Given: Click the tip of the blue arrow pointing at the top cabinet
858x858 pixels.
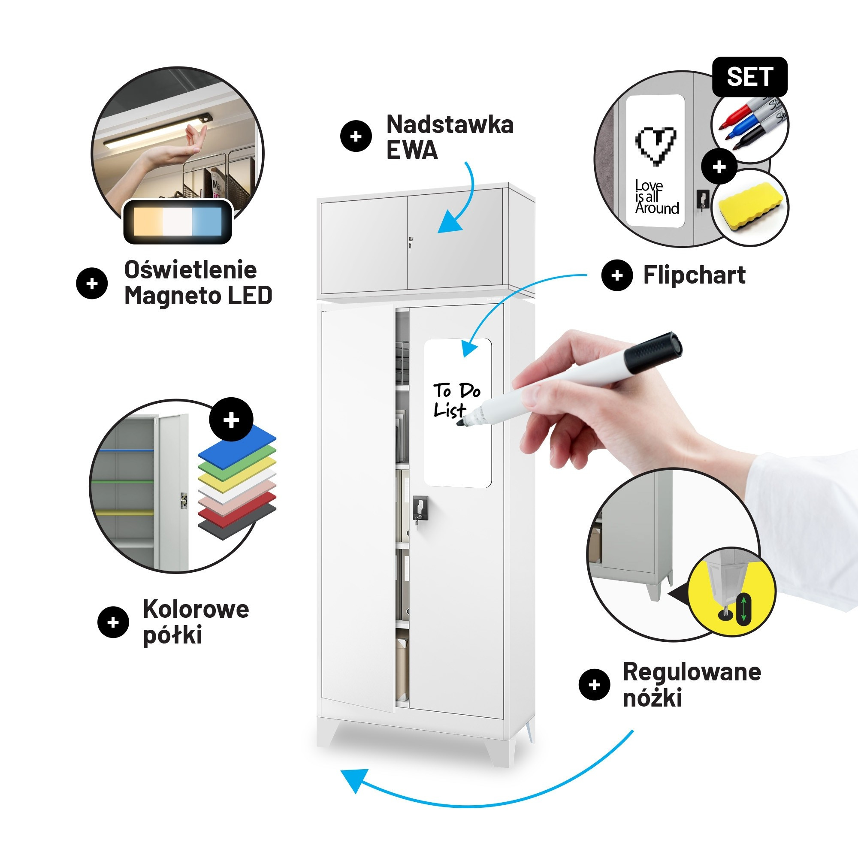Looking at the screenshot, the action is (439, 232).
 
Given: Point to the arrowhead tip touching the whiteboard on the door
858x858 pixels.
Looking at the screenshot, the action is (465, 356).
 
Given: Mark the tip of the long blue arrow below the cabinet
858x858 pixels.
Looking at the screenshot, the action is (341, 772).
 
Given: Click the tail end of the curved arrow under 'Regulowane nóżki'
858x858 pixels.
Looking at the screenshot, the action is (633, 731).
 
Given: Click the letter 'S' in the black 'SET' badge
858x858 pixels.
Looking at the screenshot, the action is (735, 77).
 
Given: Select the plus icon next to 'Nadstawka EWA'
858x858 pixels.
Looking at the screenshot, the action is (356, 136).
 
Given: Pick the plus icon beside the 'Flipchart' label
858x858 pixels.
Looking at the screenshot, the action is (617, 275).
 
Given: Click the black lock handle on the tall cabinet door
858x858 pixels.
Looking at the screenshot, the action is (420, 508).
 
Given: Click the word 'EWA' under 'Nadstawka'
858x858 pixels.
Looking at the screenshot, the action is (412, 150).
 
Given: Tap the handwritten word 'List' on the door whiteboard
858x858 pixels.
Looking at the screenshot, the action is (450, 410).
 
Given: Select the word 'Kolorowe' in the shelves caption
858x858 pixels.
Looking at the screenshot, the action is (196, 609).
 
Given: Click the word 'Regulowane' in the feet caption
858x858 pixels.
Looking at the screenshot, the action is (692, 672).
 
